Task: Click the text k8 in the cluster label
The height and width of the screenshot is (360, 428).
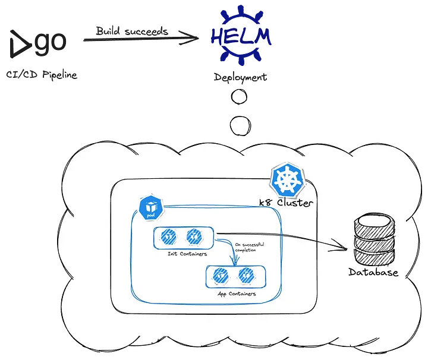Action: tap(267, 202)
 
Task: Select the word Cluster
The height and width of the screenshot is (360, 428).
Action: tap(295, 202)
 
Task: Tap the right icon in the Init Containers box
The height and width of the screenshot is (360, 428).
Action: tap(192, 237)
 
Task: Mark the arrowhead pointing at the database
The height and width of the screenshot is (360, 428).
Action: tap(344, 246)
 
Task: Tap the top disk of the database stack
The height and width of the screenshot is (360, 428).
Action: tap(373, 226)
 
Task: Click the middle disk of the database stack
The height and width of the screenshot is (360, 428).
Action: tap(373, 242)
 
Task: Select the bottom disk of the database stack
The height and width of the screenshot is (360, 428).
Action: tap(373, 257)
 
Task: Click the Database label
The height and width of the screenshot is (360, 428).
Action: tap(373, 273)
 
